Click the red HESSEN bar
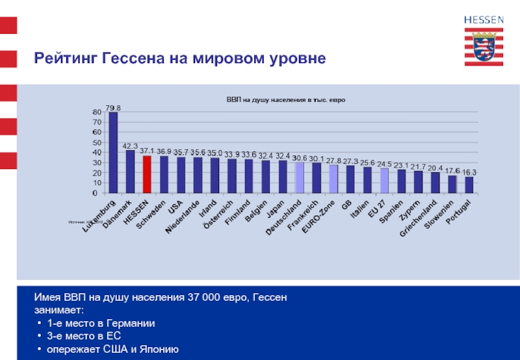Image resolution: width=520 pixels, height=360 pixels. point(147,174)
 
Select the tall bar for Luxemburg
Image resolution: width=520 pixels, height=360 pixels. point(113,153)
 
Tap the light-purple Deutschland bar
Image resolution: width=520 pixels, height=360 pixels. point(300,177)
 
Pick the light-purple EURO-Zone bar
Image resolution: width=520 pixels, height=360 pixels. point(333,179)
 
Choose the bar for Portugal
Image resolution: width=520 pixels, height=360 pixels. point(469,185)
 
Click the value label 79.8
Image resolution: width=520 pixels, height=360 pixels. point(113,108)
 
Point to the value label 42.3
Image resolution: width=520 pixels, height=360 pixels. point(130,146)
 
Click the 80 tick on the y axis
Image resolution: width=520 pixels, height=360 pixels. point(97,112)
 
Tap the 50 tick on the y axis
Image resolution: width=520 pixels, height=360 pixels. point(97,142)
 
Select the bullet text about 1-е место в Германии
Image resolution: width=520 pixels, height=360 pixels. point(101,323)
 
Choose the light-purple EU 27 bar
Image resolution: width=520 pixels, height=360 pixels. point(384,181)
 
